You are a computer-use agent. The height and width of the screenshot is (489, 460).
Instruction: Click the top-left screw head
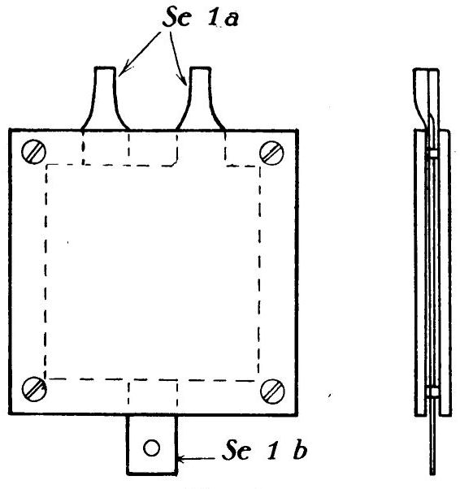point(33,152)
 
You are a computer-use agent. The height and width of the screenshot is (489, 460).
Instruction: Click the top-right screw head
point(271,153)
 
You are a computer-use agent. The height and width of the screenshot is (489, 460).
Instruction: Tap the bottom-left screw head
point(34,388)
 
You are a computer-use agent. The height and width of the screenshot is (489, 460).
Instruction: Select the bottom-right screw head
point(272,391)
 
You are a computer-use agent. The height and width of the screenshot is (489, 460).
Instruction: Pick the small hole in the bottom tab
point(152,448)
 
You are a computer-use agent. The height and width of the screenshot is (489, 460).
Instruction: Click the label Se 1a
point(201,17)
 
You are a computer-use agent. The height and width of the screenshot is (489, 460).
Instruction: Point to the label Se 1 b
point(264,450)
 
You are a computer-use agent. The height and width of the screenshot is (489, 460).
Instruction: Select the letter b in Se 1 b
point(300,449)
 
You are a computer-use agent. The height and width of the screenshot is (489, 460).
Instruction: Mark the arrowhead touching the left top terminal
point(123,71)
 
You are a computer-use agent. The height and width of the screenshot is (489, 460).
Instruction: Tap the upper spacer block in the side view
point(433,154)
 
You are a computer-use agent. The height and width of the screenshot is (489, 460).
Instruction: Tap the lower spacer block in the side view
point(433,392)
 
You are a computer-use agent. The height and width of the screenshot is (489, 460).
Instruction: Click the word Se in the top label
point(176,17)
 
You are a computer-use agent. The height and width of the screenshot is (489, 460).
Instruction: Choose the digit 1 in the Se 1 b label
point(272,450)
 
